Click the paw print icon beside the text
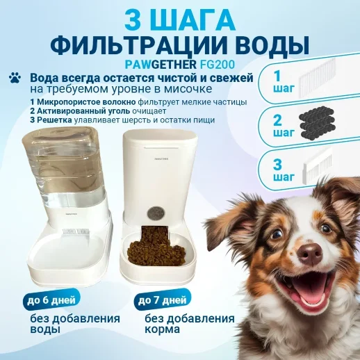pyautogui.click(x=14, y=79)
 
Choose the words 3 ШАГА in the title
pyautogui.click(x=179, y=18)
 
